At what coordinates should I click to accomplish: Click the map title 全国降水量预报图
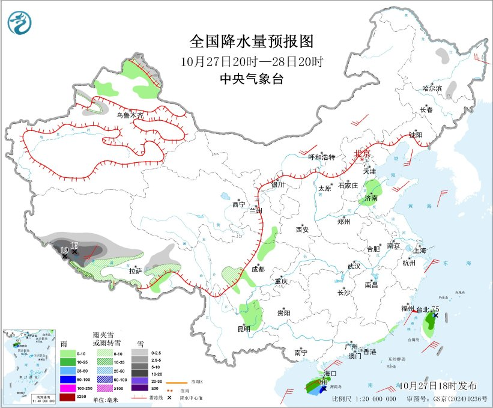252,41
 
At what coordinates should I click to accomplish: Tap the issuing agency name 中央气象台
252,79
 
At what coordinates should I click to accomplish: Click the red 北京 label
363,153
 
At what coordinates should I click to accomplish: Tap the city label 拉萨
136,271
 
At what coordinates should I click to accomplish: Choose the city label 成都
258,269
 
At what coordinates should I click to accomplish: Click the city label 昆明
244,329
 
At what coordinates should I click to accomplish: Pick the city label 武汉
354,266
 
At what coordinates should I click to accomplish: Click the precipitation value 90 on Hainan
323,382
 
